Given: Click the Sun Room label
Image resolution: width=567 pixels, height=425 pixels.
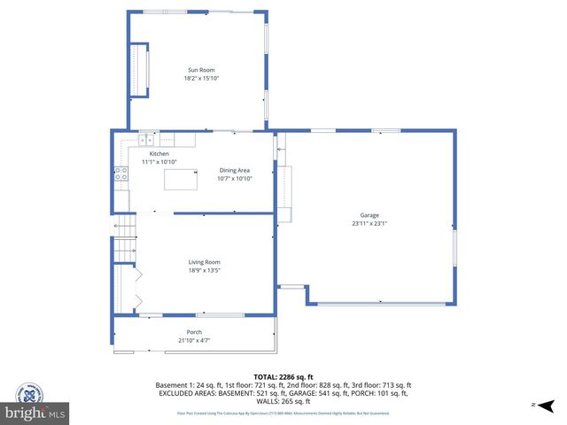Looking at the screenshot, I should (200, 70).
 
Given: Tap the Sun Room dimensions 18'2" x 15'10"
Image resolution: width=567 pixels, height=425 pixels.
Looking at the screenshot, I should (200, 78).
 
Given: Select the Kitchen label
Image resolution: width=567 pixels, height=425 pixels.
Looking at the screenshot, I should (159, 154).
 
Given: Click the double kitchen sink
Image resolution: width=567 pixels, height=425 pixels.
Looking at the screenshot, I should (145, 139).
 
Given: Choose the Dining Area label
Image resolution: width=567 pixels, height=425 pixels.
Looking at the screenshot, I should (235, 170).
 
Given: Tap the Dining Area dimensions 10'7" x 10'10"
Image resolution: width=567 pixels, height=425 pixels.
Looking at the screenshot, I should (235, 178).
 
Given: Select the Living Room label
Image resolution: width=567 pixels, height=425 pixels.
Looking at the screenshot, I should (204, 262).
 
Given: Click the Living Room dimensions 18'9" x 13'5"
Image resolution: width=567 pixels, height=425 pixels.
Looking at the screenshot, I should (204, 270).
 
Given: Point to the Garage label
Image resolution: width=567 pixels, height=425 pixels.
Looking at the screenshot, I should (369, 215).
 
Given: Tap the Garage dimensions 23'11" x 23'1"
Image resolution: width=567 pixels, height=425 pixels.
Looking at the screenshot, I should (369, 223).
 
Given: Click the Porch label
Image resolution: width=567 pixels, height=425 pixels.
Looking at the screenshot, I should (194, 332).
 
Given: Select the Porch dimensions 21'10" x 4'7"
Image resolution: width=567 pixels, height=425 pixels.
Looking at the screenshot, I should (194, 340).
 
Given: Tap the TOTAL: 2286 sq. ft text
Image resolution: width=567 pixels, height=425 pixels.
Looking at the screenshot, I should (284, 376).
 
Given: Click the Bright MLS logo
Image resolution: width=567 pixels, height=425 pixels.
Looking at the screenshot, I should (35, 413).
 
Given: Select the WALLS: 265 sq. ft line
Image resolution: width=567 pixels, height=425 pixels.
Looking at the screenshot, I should (284, 400).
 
